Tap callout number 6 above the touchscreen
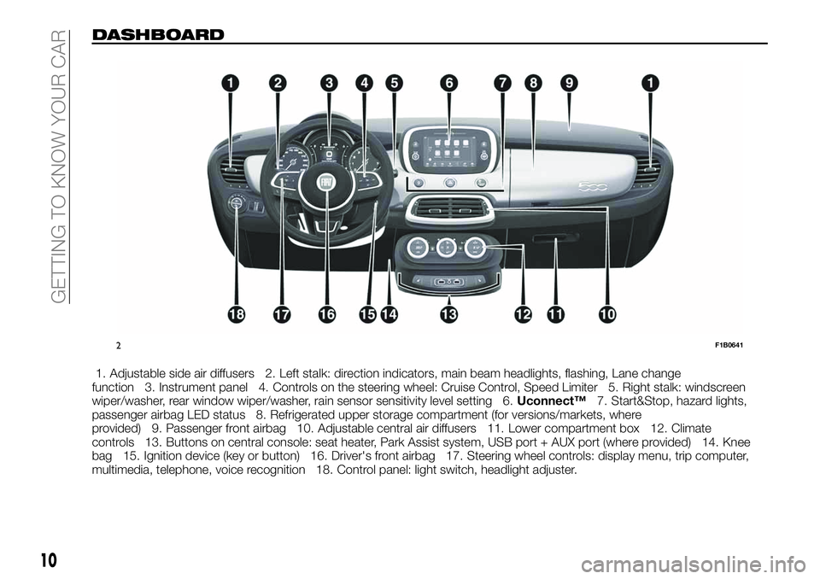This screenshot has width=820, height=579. click(x=449, y=83)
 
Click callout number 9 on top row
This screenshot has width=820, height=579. click(x=569, y=83)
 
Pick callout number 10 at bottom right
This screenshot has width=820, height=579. click(x=607, y=315)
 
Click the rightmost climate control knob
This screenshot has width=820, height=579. click(x=477, y=249)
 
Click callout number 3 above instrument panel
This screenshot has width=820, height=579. click(x=328, y=83)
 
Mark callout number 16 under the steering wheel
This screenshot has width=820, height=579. click(x=325, y=315)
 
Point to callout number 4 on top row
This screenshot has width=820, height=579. click(x=365, y=83)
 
